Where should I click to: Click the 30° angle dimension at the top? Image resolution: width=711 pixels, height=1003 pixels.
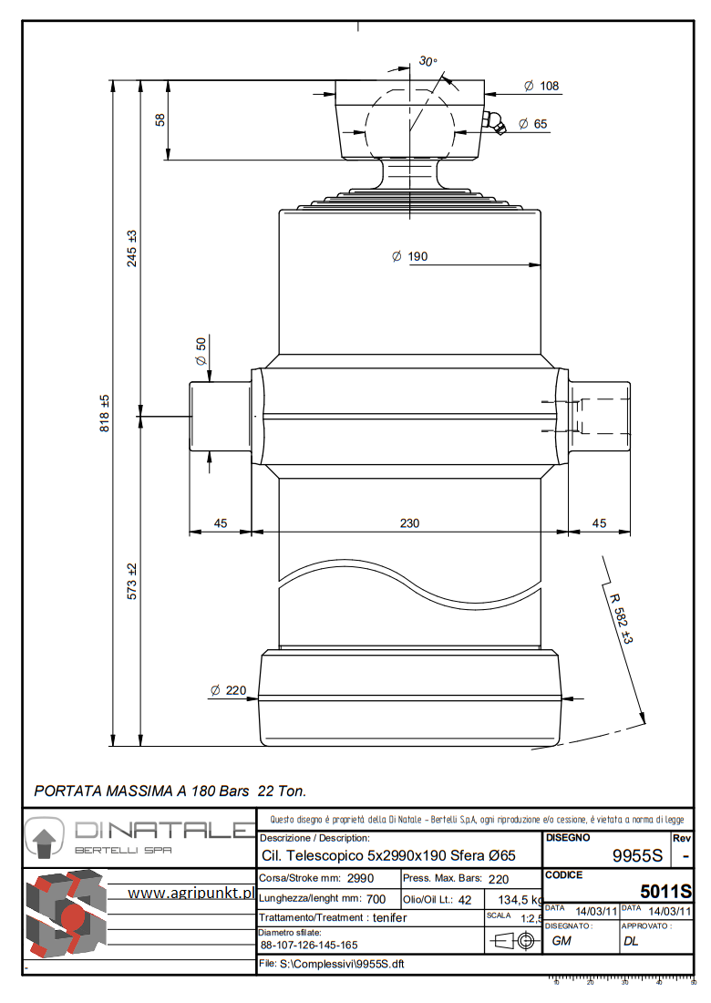428,61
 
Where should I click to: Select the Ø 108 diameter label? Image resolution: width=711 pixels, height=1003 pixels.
541,87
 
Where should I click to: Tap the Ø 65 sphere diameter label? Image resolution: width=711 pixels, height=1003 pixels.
533,124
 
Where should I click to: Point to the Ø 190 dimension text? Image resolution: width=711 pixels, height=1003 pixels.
409,257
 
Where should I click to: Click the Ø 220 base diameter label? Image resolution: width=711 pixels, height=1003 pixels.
228,691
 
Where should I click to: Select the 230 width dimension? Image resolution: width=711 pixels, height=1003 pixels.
409,522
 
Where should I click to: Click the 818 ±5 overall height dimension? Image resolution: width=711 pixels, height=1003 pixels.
105,413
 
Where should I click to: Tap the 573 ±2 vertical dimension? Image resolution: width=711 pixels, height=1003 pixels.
131,581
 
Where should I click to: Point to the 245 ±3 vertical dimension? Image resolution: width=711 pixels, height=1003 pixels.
131,247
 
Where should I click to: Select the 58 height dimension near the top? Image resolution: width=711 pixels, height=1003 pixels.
160,120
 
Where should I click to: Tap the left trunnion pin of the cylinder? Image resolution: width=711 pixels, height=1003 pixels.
219,418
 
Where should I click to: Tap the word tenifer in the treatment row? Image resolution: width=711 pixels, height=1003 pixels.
389,917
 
